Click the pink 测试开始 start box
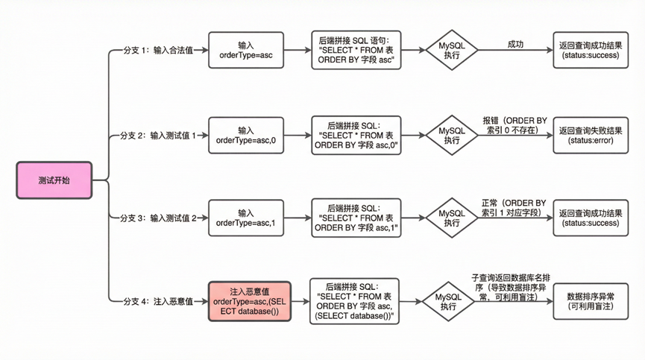tap(54, 180)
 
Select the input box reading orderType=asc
tap(245, 50)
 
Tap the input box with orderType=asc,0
tap(245, 135)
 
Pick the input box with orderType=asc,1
tap(245, 218)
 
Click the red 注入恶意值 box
tap(245, 301)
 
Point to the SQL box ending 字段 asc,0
tap(356, 135)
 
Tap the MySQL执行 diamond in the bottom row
tap(447, 301)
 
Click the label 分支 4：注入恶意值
tap(157, 301)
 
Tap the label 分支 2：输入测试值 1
tap(158, 136)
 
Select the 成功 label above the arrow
tap(515, 44)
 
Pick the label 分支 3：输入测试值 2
tap(158, 218)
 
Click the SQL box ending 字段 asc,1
tap(356, 218)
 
